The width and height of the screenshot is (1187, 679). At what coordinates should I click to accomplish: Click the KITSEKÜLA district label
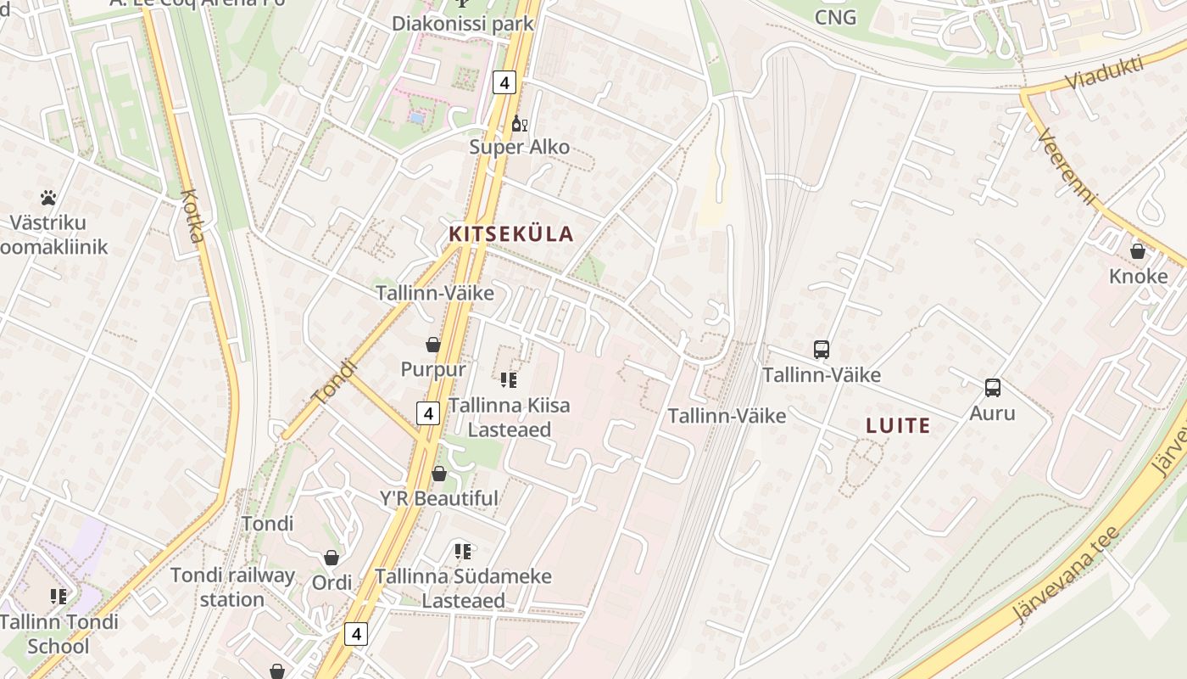pyautogui.click(x=510, y=234)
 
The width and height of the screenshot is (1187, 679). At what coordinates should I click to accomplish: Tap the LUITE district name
pyautogui.click(x=898, y=426)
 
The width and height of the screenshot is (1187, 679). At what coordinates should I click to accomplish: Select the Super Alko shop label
pyautogui.click(x=519, y=148)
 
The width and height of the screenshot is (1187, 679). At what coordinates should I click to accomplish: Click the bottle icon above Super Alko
pyautogui.click(x=519, y=125)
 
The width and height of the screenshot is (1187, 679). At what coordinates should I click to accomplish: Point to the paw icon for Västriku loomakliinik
pyautogui.click(x=48, y=199)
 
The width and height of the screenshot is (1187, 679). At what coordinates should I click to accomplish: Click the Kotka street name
pyautogui.click(x=193, y=216)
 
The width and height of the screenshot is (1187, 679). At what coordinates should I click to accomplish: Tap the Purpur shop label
pyautogui.click(x=432, y=369)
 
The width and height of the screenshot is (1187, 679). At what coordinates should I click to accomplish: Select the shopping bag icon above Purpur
pyautogui.click(x=432, y=345)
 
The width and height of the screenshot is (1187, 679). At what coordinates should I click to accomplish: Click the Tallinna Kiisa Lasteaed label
pyautogui.click(x=509, y=418)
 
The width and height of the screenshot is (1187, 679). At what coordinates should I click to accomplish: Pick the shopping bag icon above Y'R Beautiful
pyautogui.click(x=439, y=474)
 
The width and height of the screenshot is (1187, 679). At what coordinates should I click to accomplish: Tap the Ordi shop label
pyautogui.click(x=332, y=583)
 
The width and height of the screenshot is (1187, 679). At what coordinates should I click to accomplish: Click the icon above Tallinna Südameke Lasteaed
pyautogui.click(x=462, y=552)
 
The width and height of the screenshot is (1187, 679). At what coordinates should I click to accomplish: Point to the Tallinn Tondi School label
pyautogui.click(x=59, y=634)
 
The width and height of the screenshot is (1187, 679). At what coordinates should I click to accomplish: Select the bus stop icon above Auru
pyautogui.click(x=992, y=388)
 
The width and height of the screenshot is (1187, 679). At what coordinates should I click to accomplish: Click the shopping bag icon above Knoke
pyautogui.click(x=1138, y=252)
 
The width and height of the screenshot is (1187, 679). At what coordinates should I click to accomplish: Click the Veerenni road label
pyautogui.click(x=1066, y=166)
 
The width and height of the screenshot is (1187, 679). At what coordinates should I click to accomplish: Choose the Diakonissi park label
pyautogui.click(x=462, y=23)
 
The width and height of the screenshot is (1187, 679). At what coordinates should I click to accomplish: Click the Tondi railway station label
pyautogui.click(x=232, y=587)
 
